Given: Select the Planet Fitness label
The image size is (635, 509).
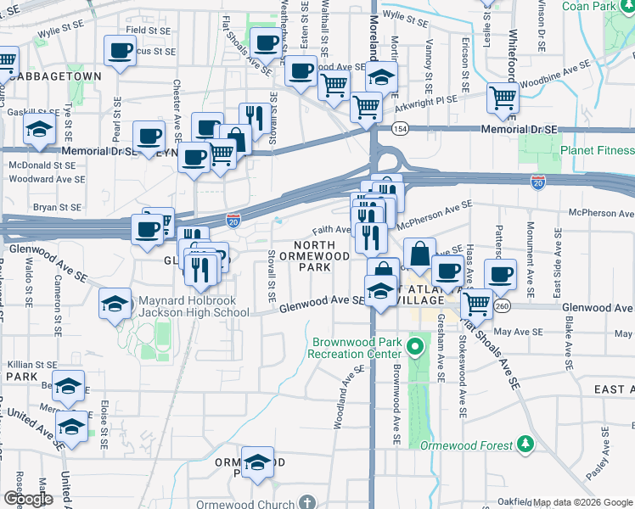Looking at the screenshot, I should tap(597, 149).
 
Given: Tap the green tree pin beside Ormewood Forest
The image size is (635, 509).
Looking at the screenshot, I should tap(526, 444).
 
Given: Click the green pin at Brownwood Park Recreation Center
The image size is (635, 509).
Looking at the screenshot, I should tap(415, 346).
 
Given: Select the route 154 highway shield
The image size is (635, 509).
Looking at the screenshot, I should tap(400, 128).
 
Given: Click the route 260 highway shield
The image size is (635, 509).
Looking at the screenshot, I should tap(503, 305).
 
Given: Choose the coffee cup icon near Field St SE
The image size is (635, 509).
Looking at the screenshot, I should tap(120, 50).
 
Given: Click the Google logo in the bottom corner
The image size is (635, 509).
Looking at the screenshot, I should tap(28, 499).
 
